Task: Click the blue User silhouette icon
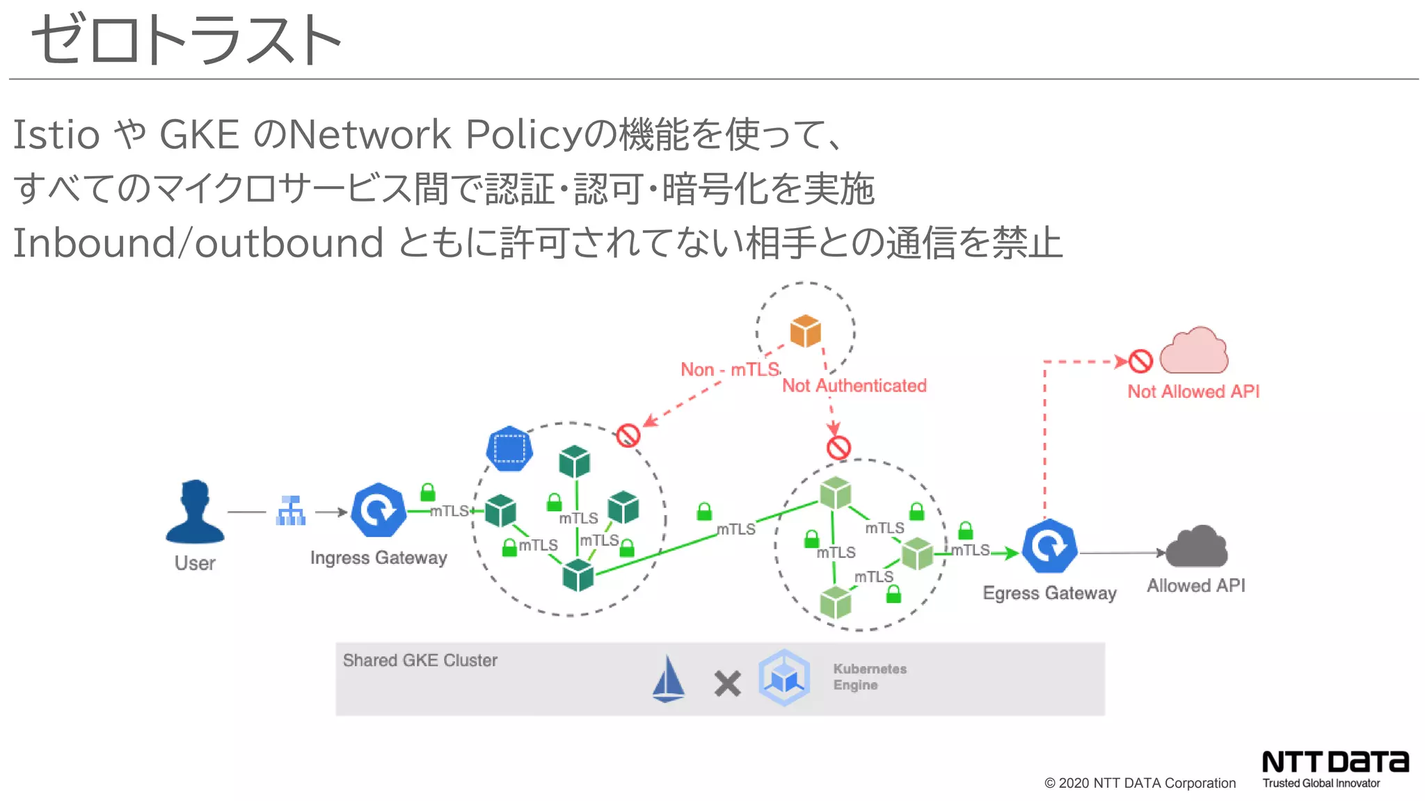coord(195,512)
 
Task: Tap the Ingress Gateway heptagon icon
coord(379,510)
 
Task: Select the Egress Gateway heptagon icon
coord(1049,547)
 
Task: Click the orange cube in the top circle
coord(805,331)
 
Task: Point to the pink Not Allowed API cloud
coord(1194,352)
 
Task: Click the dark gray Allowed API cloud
coord(1197,547)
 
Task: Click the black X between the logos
coord(727,683)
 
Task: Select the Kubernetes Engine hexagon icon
coord(784,678)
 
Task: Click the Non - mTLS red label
coord(729,370)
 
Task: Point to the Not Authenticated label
coord(854,386)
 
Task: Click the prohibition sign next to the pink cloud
coord(1140,361)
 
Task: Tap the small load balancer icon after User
coord(291,511)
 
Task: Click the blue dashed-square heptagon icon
coord(509,448)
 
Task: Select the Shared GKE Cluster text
coord(420,660)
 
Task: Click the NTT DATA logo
coord(1335,762)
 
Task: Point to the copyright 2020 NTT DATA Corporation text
coord(1140,783)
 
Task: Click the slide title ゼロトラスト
coord(186,40)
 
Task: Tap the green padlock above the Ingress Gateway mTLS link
coord(428,492)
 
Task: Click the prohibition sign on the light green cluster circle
coord(838,448)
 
